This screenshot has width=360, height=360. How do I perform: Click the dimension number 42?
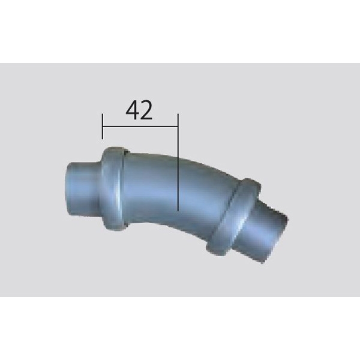139,110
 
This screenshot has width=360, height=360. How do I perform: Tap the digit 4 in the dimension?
132,110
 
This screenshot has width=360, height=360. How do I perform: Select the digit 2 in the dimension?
146,110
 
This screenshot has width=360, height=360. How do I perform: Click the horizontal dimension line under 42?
140,126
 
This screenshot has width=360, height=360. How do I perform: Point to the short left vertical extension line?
103,126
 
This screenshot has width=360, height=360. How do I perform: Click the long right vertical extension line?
178,162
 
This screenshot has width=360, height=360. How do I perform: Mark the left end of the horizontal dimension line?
103,126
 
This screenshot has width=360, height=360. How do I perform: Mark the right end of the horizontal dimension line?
178,126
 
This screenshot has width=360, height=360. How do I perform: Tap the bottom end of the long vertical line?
178,211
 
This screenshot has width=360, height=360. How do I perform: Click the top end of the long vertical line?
178,113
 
